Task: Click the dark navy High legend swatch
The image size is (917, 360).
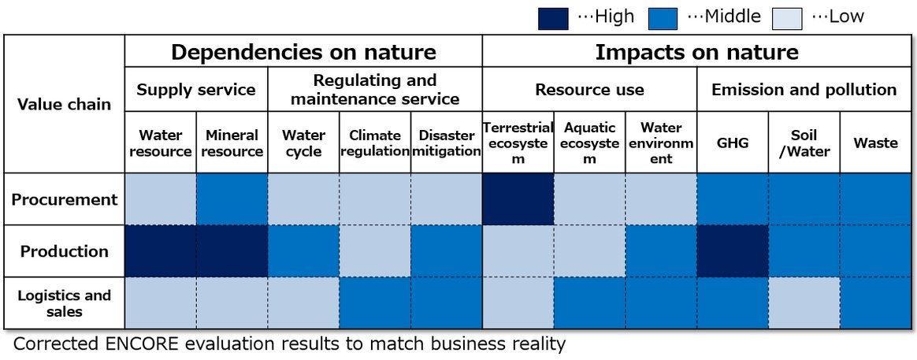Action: click(552, 17)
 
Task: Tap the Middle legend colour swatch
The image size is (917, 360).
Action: click(663, 17)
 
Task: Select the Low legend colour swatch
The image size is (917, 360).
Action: click(786, 17)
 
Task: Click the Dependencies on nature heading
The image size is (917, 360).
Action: click(303, 53)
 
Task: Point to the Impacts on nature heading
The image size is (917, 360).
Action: click(696, 53)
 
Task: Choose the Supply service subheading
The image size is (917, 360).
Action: click(196, 90)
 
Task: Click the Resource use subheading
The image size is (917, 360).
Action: click(589, 90)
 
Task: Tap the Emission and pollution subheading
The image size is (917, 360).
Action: click(804, 90)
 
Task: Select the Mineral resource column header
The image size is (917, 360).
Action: click(232, 143)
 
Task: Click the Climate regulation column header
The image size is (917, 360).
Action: click(375, 143)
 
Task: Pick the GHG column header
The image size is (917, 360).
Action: click(733, 143)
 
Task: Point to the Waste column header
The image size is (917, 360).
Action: click(875, 143)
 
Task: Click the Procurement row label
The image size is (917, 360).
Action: click(65, 199)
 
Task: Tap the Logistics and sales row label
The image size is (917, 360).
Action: click(65, 303)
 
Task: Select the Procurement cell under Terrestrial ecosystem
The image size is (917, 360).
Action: click(518, 199)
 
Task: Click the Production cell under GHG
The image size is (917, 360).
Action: click(733, 251)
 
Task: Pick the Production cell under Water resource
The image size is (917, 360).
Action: click(161, 251)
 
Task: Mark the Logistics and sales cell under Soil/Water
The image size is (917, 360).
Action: click(804, 303)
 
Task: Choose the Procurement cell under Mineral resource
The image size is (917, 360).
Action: click(232, 199)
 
